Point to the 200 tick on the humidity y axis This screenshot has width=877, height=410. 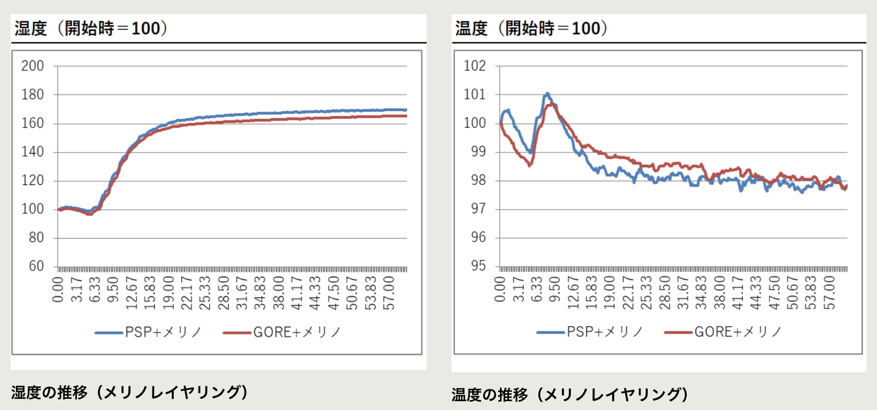click(33, 66)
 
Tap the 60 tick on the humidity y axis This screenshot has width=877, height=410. click(36, 266)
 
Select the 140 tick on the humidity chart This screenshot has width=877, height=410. click(33, 152)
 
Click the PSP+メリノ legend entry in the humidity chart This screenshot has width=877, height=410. click(150, 332)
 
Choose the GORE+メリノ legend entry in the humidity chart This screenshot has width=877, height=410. click(282, 332)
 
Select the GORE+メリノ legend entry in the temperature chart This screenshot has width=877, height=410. click(724, 332)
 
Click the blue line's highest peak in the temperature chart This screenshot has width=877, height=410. click(547, 93)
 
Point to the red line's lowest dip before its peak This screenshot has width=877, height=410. click(530, 165)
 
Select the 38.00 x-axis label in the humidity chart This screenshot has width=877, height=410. click(280, 289)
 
